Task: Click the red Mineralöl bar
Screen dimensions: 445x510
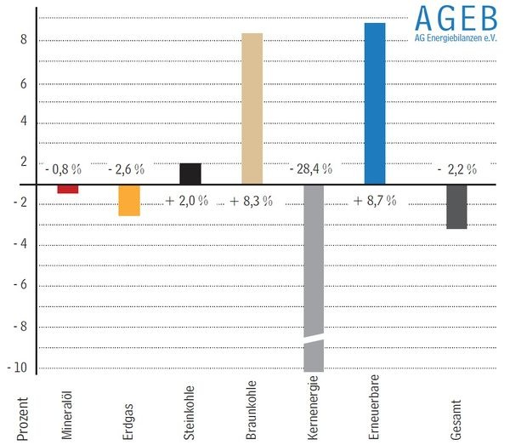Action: click(x=68, y=189)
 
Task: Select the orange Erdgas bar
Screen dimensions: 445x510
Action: click(x=129, y=200)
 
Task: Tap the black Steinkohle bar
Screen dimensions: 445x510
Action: click(x=190, y=174)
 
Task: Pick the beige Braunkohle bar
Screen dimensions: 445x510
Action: click(x=252, y=108)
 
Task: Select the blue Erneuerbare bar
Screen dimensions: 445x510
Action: click(x=374, y=103)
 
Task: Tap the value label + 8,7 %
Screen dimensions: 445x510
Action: click(x=375, y=202)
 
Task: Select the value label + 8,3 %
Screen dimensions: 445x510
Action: click(x=251, y=202)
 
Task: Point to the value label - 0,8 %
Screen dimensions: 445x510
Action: click(x=64, y=169)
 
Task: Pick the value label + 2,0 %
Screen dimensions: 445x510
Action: click(x=187, y=202)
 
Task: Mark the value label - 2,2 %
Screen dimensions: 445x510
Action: click(x=456, y=169)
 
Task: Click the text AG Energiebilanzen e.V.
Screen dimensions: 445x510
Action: click(x=455, y=37)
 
